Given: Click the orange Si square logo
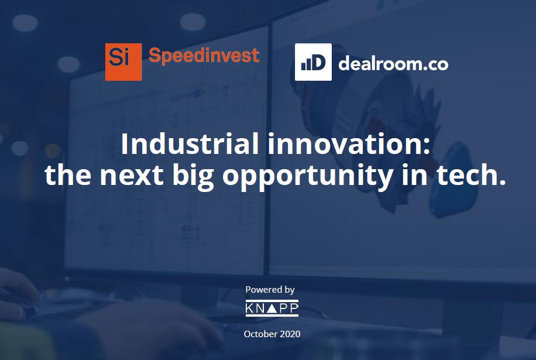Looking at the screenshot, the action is coord(123,62).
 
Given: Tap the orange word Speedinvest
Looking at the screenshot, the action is coord(204,56).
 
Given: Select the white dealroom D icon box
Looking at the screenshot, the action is coord(313,62).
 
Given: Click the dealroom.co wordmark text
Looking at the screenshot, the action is coord(393,63).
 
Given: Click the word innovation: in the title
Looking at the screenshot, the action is coord(348,144).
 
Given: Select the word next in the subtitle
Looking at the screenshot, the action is coord(131,175).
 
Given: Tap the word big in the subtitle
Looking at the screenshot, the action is coord(193,177).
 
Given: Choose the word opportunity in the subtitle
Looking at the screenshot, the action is coord(308,177).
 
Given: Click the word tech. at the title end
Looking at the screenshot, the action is coord(471,174).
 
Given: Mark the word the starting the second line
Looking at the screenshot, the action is coord(68,174).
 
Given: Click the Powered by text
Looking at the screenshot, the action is coord(270,290).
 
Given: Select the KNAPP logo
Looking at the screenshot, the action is coord(272,308).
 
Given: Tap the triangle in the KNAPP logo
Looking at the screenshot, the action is coord(272,308).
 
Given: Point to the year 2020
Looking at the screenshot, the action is coord(290,334).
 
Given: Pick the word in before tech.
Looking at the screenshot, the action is coord(415,174).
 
